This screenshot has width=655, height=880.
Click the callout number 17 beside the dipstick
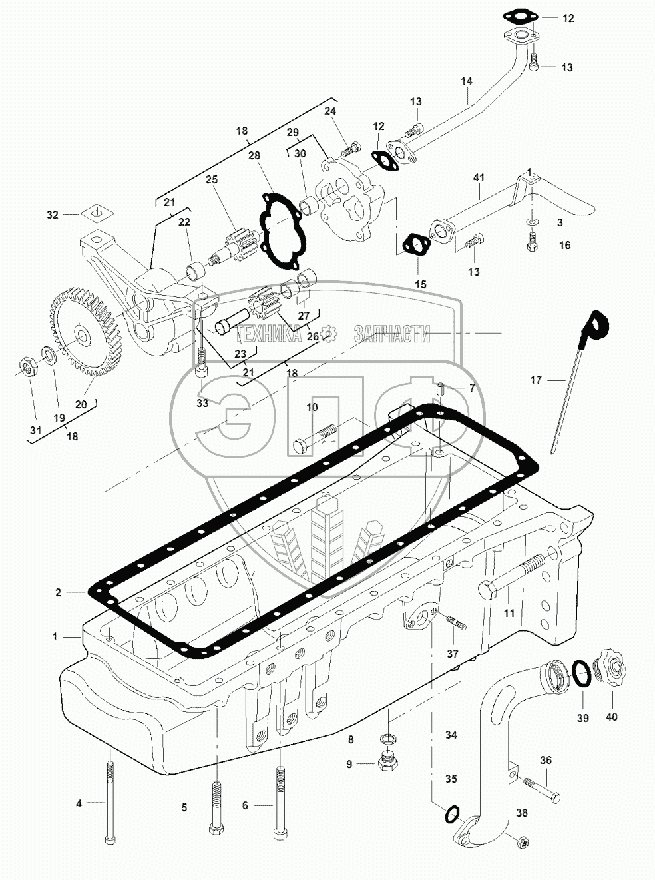[x=535, y=380]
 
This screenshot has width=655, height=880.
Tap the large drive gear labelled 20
[x=84, y=334]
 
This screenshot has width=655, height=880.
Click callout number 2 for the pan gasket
[x=59, y=592]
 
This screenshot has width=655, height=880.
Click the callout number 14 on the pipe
[x=466, y=81]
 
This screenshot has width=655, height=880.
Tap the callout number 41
[x=479, y=177]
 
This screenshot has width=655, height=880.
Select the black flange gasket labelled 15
[x=417, y=245]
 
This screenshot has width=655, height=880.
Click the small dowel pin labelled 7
[x=441, y=388]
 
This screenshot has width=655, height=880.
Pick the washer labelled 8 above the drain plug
[x=386, y=739]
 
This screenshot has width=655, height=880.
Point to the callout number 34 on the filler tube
[x=451, y=735]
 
